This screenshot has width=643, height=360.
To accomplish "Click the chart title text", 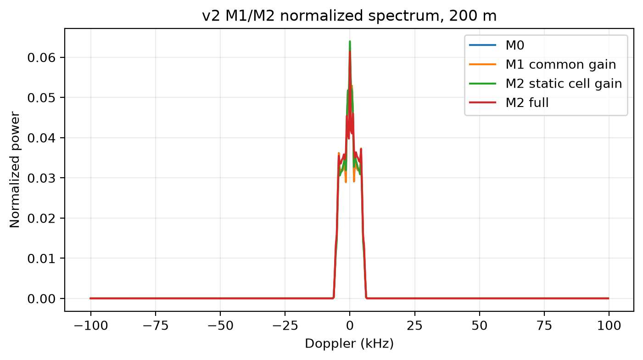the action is (x=349, y=16).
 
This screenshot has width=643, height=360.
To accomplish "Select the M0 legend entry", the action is (x=497, y=45).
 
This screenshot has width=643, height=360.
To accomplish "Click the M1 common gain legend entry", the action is (x=542, y=65).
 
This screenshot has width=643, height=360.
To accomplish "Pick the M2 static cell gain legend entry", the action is (x=545, y=84).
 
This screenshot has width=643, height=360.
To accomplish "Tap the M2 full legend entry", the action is (x=509, y=103).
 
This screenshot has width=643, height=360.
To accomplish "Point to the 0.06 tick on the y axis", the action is (x=41, y=58).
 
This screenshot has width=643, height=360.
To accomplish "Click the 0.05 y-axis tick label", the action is (x=41, y=98).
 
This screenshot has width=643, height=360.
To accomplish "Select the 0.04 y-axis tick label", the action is (x=41, y=138).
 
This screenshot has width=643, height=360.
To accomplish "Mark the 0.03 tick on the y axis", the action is (x=41, y=178).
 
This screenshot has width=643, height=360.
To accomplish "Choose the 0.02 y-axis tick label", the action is (x=41, y=219).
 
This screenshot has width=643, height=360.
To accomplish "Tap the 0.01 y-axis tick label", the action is (x=41, y=259).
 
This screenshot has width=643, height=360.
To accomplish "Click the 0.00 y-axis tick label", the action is (x=41, y=299).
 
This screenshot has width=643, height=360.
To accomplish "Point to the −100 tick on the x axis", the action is (x=91, y=326).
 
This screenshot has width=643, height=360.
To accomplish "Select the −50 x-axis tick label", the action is (x=220, y=326).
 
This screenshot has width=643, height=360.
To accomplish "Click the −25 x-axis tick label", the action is (x=285, y=326).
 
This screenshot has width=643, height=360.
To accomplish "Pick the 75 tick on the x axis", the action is (x=544, y=326).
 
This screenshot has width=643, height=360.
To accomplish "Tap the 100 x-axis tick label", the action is (x=609, y=326).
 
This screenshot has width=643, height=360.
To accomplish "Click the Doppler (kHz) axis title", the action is (x=349, y=343).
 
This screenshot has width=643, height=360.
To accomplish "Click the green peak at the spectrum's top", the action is (x=350, y=42).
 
